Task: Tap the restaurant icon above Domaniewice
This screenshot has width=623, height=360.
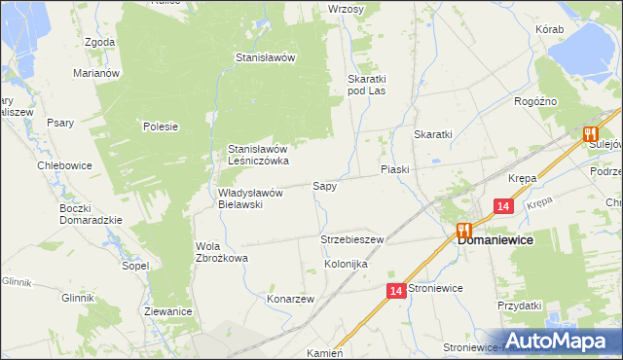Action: click(x=463, y=231)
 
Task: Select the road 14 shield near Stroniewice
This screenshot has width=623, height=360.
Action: click(x=395, y=291)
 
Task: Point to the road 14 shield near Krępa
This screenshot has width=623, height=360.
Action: click(x=502, y=206)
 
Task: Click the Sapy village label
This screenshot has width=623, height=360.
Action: click(x=324, y=185)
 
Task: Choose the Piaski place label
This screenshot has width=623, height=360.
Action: click(x=394, y=169)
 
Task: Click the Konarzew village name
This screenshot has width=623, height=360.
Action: click(x=290, y=300)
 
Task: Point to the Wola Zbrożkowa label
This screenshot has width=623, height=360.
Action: click(x=222, y=252)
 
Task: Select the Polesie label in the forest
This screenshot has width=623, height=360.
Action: click(x=161, y=126)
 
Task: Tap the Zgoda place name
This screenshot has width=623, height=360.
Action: click(x=100, y=43)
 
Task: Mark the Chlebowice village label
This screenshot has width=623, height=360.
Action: click(x=64, y=165)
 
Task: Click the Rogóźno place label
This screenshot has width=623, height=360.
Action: click(x=534, y=100)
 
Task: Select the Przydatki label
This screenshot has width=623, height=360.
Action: click(x=518, y=306)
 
